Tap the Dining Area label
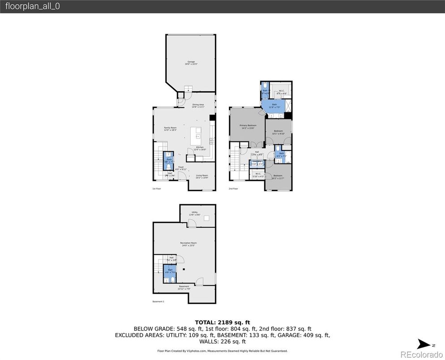(x=198, y=106)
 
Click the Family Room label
(x=170, y=129)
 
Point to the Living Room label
(x=201, y=176)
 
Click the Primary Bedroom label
(x=248, y=127)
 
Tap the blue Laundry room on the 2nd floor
(x=257, y=163)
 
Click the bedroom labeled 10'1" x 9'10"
(x=278, y=132)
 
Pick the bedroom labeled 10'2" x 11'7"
(x=278, y=177)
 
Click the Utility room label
(x=195, y=214)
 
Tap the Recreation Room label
(x=188, y=244)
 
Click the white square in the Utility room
(x=206, y=218)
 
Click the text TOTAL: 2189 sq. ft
(x=222, y=322)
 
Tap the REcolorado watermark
(x=420, y=355)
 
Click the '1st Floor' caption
(x=157, y=189)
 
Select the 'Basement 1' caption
(x=158, y=302)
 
